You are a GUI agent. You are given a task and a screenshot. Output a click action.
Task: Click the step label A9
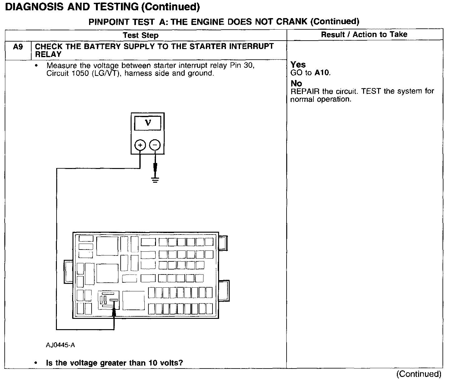click(18, 47)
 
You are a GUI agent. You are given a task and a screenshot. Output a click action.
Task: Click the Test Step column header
click(141, 35)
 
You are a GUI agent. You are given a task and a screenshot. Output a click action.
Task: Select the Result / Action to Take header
click(364, 34)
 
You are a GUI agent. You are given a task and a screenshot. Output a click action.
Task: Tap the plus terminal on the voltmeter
click(140, 145)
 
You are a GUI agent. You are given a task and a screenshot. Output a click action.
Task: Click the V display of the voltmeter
click(148, 123)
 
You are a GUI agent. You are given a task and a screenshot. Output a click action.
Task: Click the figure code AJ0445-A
click(60, 345)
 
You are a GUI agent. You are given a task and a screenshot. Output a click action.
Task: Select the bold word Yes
click(298, 65)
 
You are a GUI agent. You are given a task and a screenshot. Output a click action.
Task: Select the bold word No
click(296, 83)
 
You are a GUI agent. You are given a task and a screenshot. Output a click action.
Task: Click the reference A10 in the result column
click(322, 73)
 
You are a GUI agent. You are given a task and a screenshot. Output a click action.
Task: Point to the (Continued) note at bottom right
click(419, 374)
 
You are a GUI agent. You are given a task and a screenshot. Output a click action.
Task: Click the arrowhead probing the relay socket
click(114, 311)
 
